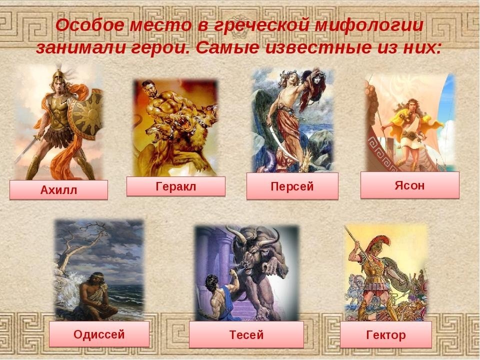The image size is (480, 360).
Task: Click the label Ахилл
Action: pyautogui.click(x=58, y=190)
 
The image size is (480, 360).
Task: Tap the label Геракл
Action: pyautogui.click(x=175, y=186)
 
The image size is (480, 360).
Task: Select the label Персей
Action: pyautogui.click(x=292, y=186)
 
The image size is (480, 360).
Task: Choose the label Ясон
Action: pyautogui.click(x=409, y=185)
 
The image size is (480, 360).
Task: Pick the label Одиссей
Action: pyautogui.click(x=99, y=334)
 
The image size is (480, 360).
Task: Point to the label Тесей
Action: pyautogui.click(x=246, y=334)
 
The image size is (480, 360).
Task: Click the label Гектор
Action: pyautogui.click(x=385, y=334)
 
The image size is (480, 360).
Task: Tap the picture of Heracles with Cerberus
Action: pyautogui.click(x=175, y=127)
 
